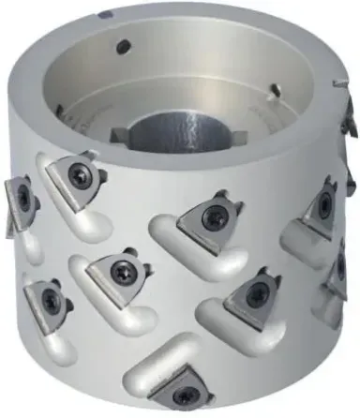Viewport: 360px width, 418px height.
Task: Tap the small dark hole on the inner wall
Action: tap(123, 46)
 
